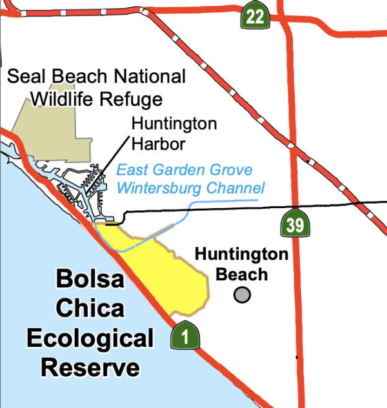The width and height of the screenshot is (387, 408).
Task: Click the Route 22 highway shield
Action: [255, 15]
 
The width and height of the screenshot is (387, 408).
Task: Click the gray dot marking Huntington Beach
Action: [242, 295]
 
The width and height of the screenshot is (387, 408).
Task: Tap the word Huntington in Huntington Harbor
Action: [174, 124]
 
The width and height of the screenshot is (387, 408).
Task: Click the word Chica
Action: [90, 309]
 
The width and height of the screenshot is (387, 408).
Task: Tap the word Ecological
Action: [97, 338]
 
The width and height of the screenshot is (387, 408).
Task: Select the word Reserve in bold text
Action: [90, 368]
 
